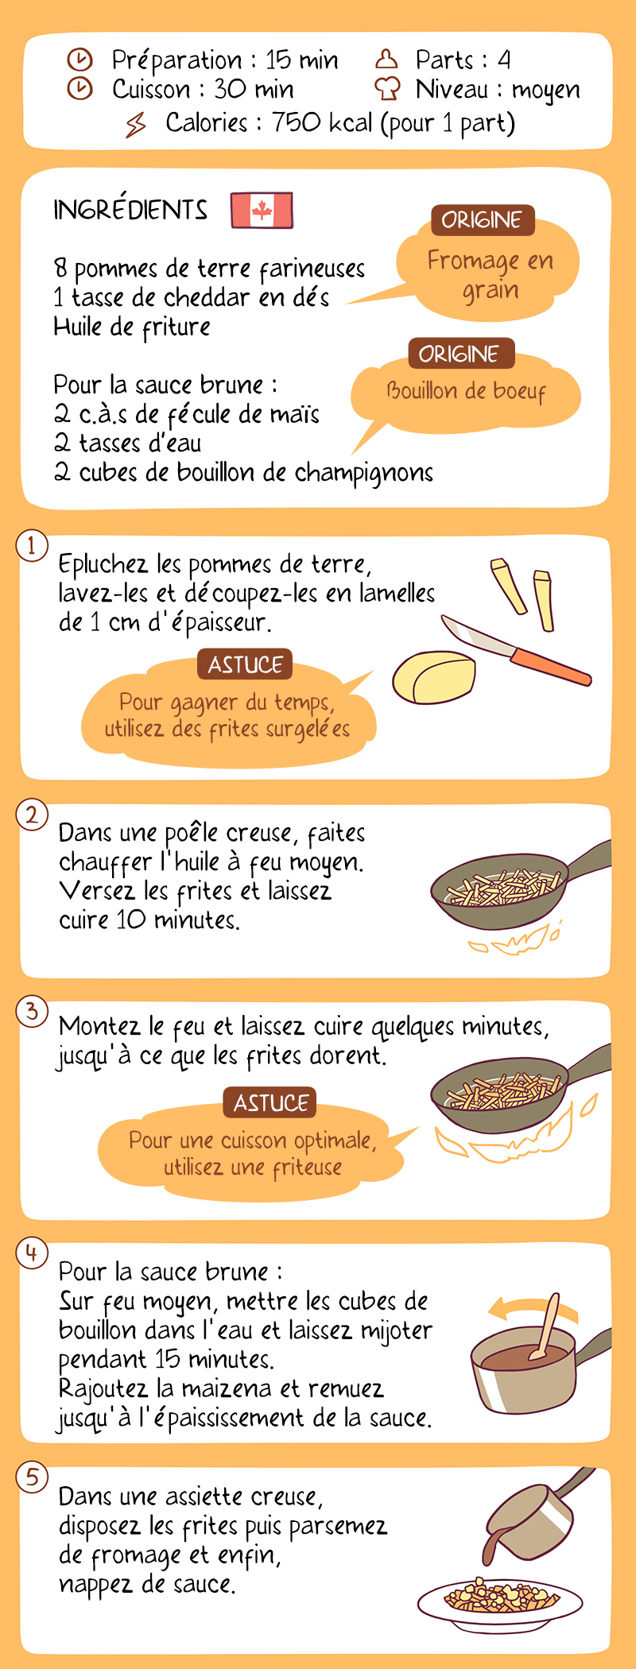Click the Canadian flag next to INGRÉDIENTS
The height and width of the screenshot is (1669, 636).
pyautogui.click(x=262, y=211)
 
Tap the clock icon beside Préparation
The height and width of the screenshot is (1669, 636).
pyautogui.click(x=79, y=60)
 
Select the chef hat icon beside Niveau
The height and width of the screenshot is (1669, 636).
pyautogui.click(x=387, y=88)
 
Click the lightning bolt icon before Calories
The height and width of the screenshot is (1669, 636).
pyautogui.click(x=136, y=124)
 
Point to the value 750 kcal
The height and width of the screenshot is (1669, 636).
pyautogui.click(x=322, y=122)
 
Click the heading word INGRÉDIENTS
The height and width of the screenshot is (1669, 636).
pyautogui.click(x=130, y=210)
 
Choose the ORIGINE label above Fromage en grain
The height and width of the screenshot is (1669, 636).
pyautogui.click(x=483, y=220)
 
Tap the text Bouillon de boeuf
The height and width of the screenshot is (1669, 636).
pyautogui.click(x=467, y=390)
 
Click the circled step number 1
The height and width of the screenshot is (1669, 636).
pyautogui.click(x=32, y=546)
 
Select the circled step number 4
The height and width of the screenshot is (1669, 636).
pyautogui.click(x=32, y=1253)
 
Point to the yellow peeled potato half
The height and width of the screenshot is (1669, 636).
pyautogui.click(x=434, y=678)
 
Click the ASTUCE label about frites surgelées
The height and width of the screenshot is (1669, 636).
pyautogui.click(x=245, y=664)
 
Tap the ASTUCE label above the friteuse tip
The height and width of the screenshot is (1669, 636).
pyautogui.click(x=270, y=1102)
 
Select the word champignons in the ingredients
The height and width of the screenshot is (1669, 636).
pyautogui.click(x=364, y=474)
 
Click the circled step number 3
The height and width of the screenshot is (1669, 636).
pyautogui.click(x=32, y=1012)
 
